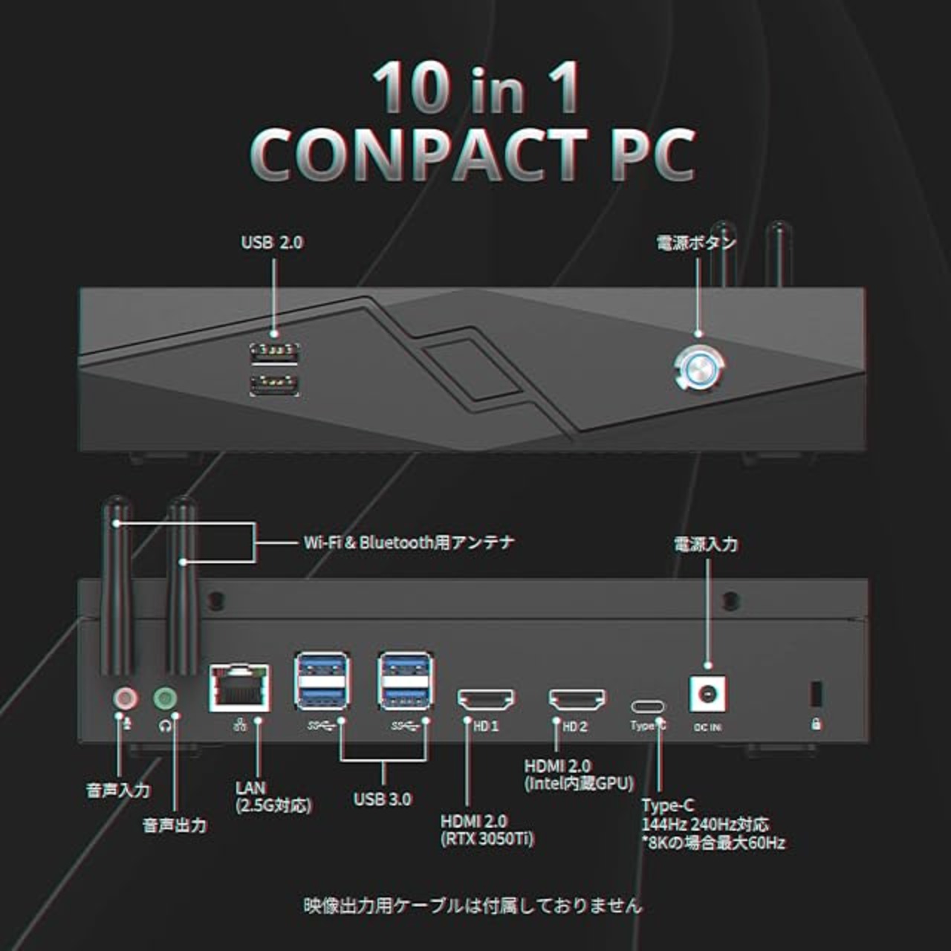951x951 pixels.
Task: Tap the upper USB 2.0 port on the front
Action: [x=275, y=351]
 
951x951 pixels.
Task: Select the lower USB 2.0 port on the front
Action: [x=275, y=383]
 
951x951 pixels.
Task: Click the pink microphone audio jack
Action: [x=126, y=698]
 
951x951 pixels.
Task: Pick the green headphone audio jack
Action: [x=165, y=698]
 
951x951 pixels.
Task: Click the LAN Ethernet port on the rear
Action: [x=240, y=687]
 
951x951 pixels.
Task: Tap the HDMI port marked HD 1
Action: [x=486, y=699]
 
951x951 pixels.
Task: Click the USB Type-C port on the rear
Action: [x=647, y=707]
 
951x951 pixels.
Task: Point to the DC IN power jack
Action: [x=708, y=694]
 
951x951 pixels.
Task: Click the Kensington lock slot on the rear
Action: [x=815, y=694]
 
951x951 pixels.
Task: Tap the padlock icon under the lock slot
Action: [x=816, y=724]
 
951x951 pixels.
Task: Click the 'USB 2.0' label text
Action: [x=272, y=242]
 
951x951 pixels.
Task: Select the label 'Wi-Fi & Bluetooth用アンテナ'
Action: [x=409, y=542]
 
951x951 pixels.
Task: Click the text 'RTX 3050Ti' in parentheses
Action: [x=487, y=840]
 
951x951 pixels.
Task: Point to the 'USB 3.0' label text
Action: [x=382, y=799]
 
